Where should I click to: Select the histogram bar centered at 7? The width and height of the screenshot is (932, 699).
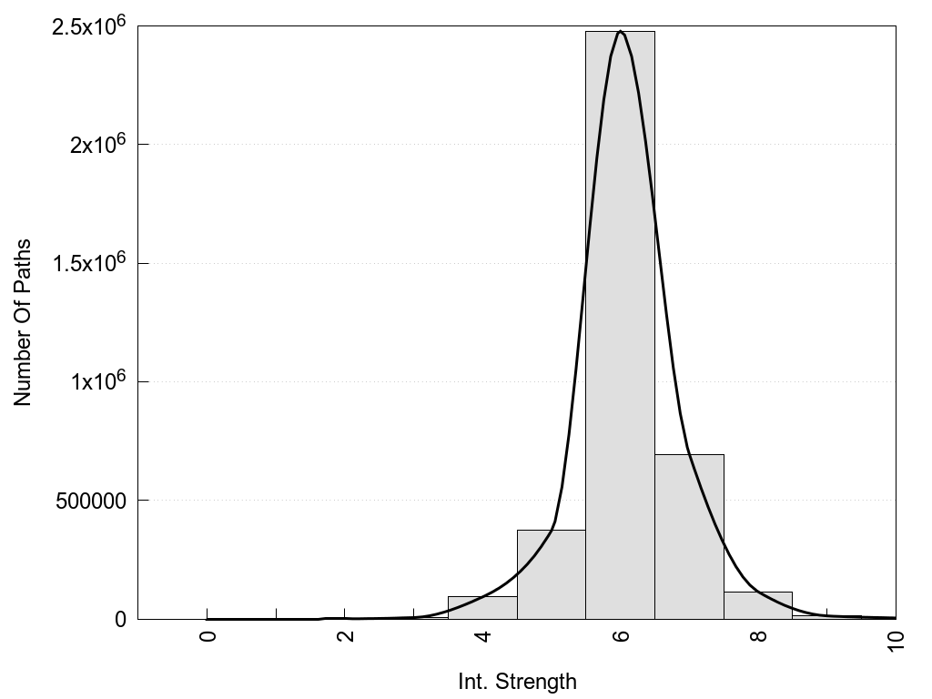point(689,537)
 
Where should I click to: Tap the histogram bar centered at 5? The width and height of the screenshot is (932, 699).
point(551,574)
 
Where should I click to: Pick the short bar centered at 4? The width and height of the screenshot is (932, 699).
point(482,607)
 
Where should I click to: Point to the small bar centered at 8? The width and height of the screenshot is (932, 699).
point(758,605)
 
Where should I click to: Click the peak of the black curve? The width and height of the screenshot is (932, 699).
point(620,32)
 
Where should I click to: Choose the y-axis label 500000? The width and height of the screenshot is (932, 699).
point(87,501)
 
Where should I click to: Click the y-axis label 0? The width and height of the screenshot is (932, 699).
point(120,619)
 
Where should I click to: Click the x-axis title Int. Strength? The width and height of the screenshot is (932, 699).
point(518,681)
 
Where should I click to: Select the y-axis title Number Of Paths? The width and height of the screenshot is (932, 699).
point(23,322)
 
